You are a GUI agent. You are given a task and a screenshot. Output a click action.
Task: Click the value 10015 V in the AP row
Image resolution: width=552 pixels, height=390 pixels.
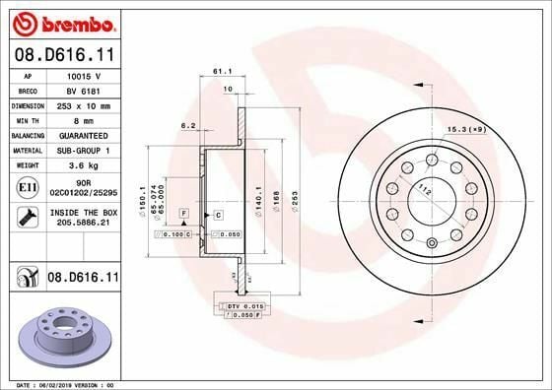point(83,74)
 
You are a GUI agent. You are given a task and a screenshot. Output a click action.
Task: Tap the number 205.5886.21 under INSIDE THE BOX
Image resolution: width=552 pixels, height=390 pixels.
point(83,224)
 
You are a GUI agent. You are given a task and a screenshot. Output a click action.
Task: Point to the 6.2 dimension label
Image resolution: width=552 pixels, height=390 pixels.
point(187,125)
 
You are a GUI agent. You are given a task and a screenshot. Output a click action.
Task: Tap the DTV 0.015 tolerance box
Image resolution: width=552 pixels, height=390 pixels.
point(243,307)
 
